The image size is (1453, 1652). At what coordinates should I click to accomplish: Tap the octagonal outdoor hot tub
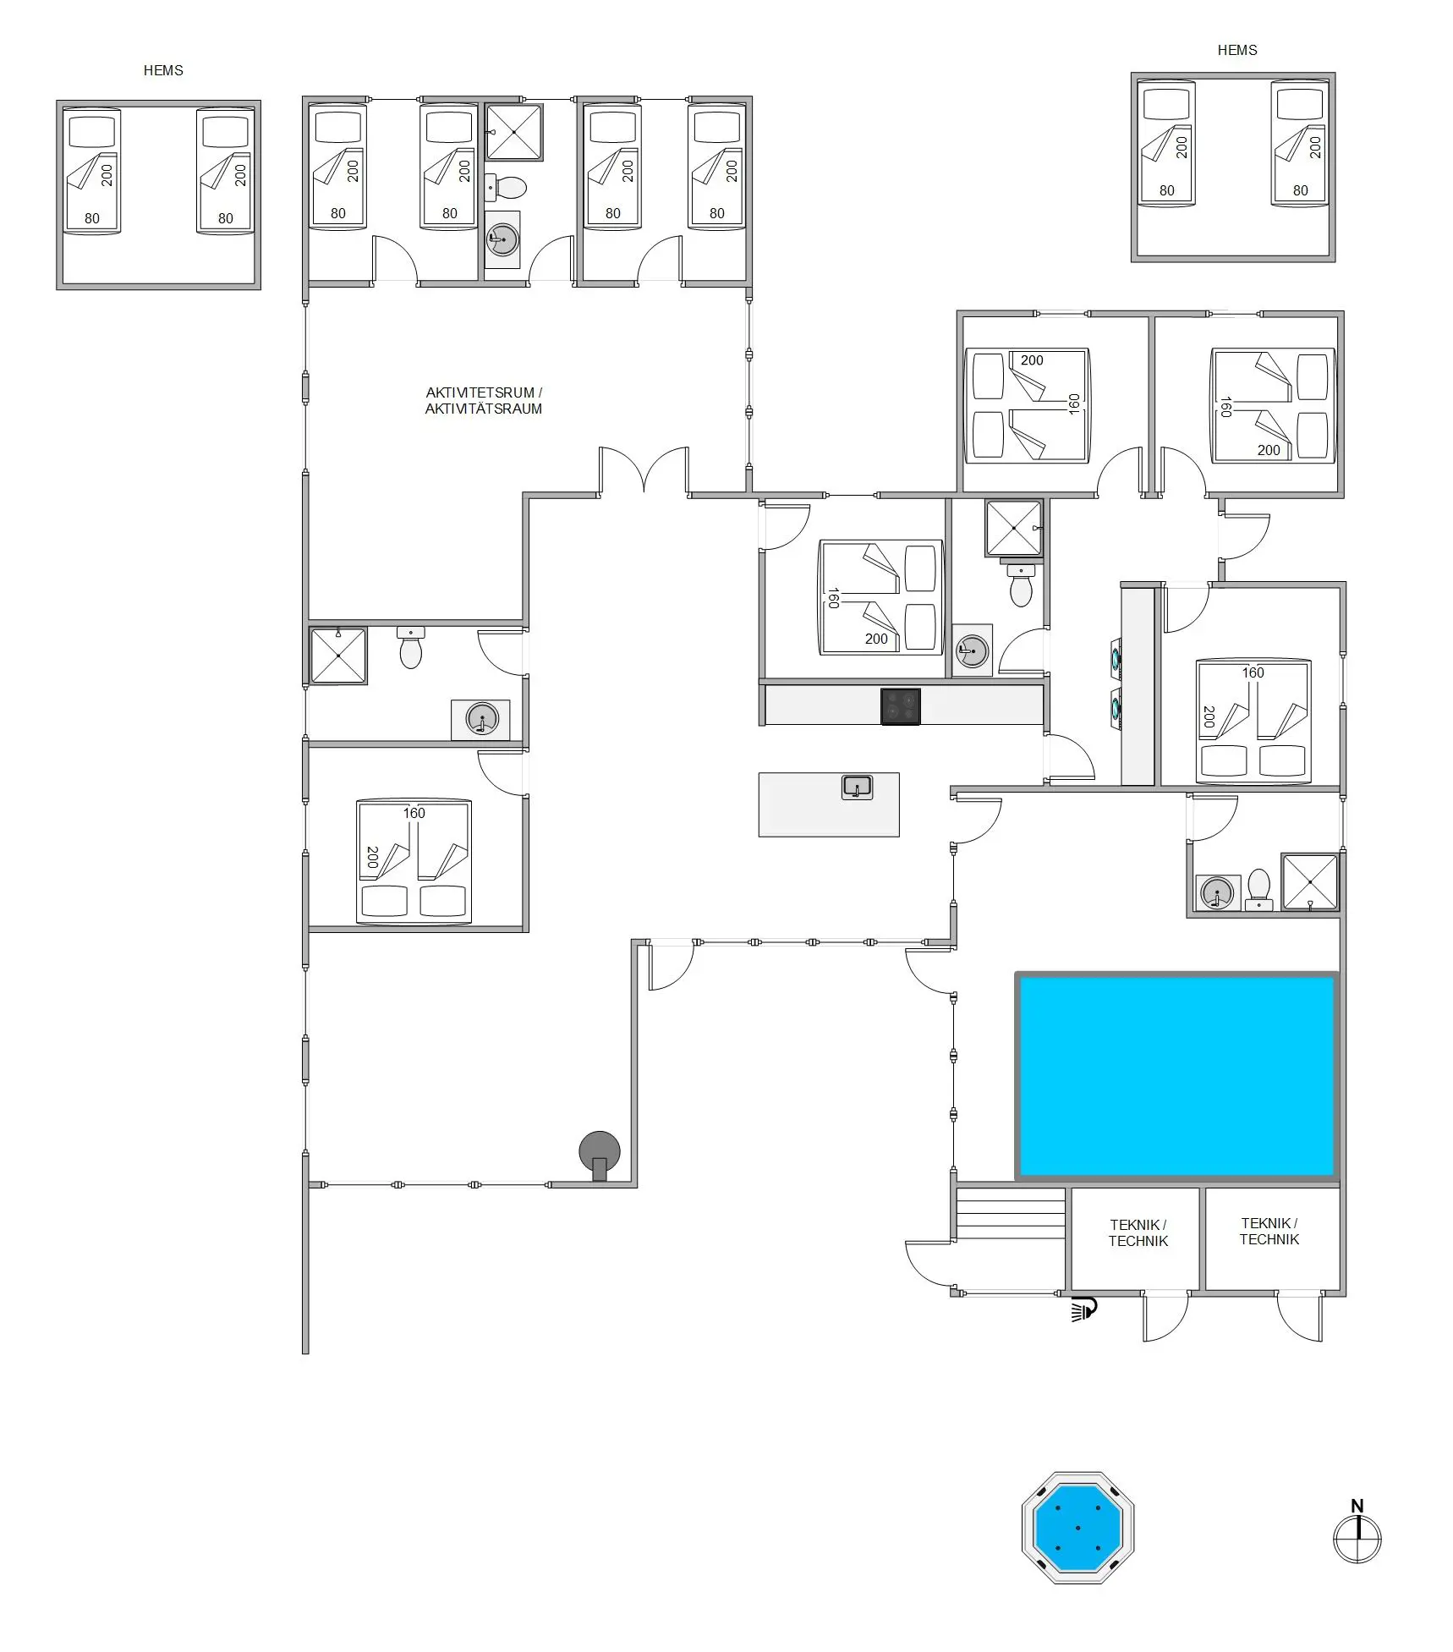[1077, 1528]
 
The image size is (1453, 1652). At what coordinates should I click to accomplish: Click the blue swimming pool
[1176, 1075]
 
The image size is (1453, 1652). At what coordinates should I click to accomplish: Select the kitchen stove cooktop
[900, 706]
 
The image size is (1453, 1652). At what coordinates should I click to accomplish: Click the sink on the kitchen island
[857, 788]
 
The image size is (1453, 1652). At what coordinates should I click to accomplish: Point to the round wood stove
[599, 1151]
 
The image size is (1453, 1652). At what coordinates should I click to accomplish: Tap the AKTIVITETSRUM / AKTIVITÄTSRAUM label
[483, 401]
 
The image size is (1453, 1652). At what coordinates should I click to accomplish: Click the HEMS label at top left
[163, 71]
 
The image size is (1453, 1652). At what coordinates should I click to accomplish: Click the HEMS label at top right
[1236, 51]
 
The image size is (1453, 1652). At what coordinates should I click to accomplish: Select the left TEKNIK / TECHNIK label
[1138, 1232]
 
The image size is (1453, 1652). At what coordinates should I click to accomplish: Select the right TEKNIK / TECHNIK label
[1269, 1231]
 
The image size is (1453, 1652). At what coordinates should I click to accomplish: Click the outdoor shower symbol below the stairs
[1083, 1309]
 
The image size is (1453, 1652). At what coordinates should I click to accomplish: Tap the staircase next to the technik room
[1010, 1214]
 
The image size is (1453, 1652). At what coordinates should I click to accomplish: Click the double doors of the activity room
[644, 470]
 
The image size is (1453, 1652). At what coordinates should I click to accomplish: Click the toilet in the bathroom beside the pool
[1258, 888]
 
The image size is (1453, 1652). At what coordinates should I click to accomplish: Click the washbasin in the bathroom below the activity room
[481, 720]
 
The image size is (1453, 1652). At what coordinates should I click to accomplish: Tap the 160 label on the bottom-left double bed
[414, 813]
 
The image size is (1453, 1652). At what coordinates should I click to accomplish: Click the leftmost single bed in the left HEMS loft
[92, 171]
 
